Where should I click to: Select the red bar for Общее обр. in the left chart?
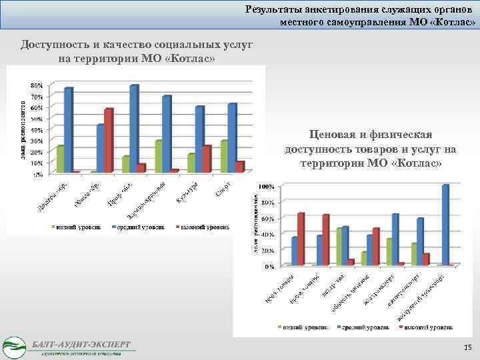[109, 141]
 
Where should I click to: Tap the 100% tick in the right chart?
[267, 185]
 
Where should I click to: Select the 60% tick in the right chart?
[267, 218]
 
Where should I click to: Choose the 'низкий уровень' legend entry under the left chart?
[78, 227]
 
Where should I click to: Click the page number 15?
[467, 347]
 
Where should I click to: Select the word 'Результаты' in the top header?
[275, 9]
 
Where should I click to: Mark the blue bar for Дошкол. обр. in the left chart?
[68, 130]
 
